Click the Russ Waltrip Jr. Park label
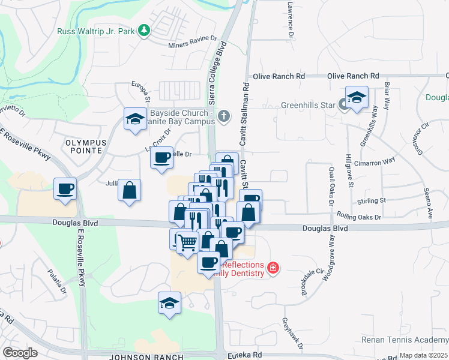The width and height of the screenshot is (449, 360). click(x=95, y=31)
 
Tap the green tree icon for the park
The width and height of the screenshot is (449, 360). click(x=144, y=30)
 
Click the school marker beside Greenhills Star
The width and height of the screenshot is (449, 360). click(x=357, y=98)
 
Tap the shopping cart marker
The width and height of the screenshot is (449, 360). click(x=187, y=242)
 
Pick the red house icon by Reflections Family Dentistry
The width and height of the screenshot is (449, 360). click(x=273, y=267)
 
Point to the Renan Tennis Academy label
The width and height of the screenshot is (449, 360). click(x=405, y=340)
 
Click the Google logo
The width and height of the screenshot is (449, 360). click(x=20, y=353)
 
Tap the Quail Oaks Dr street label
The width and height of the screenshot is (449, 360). click(x=331, y=187)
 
